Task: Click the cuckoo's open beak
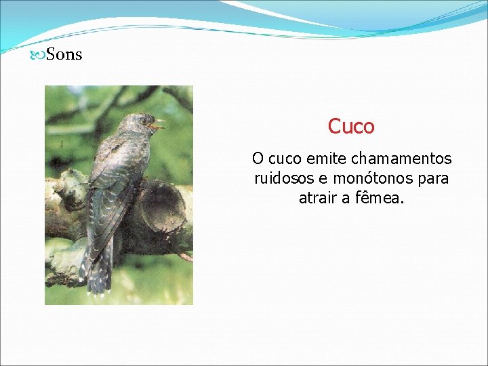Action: click(157, 125)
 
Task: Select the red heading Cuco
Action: click(351, 127)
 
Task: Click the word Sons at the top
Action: click(64, 55)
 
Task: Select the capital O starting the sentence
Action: click(258, 159)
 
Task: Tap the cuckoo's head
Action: click(139, 124)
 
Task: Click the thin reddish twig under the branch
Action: click(184, 257)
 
